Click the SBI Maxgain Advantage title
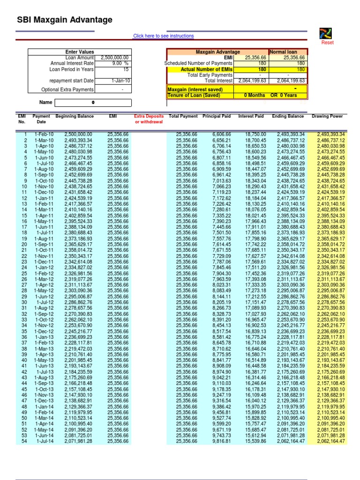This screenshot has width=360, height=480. point(65,20)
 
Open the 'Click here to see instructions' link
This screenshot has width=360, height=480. point(163,36)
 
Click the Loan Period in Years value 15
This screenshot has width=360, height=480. point(126,69)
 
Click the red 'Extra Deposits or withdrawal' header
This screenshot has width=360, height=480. point(149,119)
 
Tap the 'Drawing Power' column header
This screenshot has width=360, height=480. point(327,116)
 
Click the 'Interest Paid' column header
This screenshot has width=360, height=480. point(251,116)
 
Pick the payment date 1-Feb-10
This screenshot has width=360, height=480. point(44,135)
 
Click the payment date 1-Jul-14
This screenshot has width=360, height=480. point(45,441)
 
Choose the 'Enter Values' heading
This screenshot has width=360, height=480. point(80,52)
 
